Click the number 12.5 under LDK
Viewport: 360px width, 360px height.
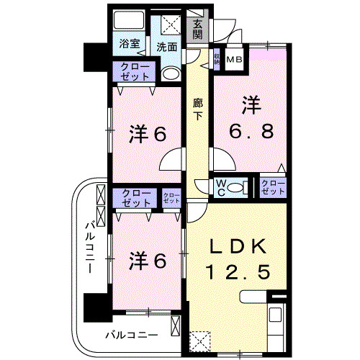click(240, 272)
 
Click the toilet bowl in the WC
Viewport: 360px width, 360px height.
click(241, 189)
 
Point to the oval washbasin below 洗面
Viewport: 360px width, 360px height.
click(171, 74)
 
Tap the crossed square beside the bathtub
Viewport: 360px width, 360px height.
click(171, 24)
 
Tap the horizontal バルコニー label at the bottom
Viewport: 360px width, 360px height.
click(131, 334)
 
